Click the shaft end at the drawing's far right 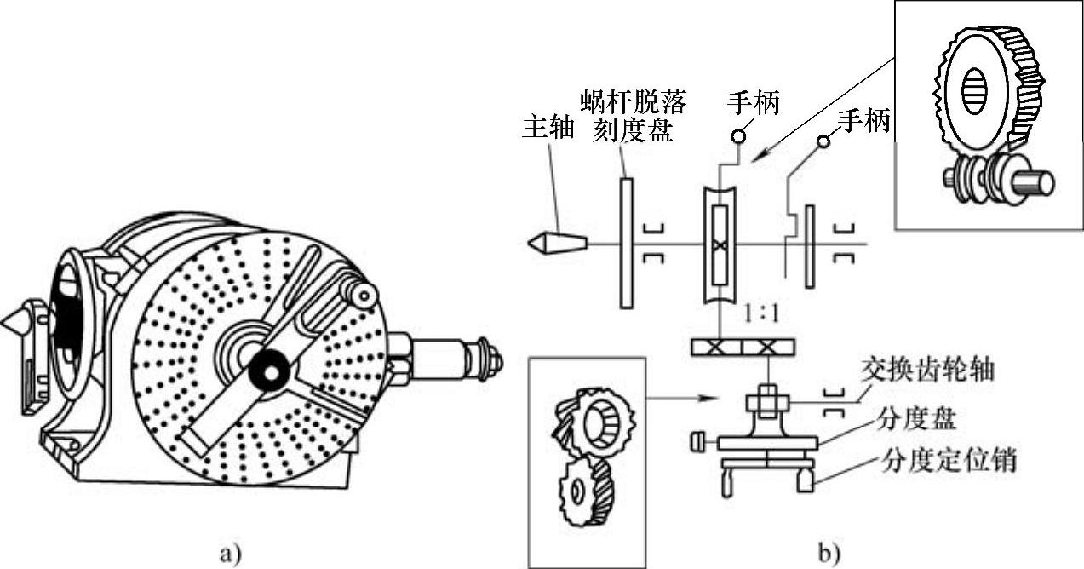tap(490, 360)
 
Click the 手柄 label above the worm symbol tap(753, 103)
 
